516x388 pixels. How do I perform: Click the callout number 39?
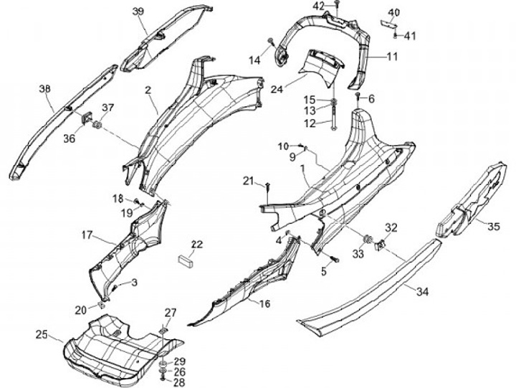pyautogui.click(x=138, y=11)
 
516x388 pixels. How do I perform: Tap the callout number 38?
pyautogui.click(x=45, y=89)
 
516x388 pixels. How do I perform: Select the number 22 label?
pyautogui.click(x=196, y=244)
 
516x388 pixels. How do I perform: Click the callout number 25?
pyautogui.click(x=41, y=334)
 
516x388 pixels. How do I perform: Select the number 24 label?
pyautogui.click(x=277, y=89)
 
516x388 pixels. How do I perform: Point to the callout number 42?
pyautogui.click(x=319, y=6)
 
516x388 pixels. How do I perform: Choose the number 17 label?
pyautogui.click(x=87, y=235)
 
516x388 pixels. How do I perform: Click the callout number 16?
pyautogui.click(x=264, y=304)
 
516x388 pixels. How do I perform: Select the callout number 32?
pyautogui.click(x=391, y=228)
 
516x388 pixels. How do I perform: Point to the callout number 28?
pyautogui.click(x=179, y=383)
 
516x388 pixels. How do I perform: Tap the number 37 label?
pyautogui.click(x=107, y=108)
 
